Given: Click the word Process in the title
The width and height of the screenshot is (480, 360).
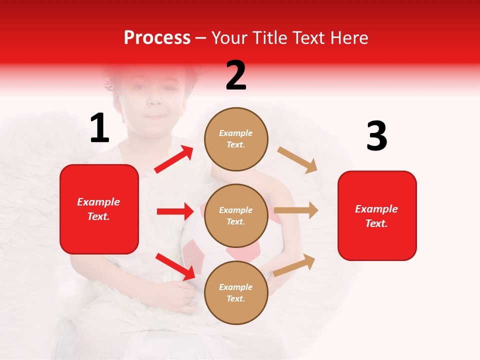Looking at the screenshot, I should tap(157, 38).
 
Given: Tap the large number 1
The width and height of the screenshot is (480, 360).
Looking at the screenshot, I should tap(99, 128).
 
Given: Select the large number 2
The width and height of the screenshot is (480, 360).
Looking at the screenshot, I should tap(236, 75).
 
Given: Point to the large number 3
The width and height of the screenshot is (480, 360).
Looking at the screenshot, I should tap(376, 136).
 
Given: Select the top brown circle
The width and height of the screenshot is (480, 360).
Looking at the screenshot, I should tap(236, 139).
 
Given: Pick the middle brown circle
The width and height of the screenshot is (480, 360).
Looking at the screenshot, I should tap(236, 215).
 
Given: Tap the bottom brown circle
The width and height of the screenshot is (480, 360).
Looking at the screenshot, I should tap(236, 292).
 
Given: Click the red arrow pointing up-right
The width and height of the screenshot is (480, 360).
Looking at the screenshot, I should tap(174, 159).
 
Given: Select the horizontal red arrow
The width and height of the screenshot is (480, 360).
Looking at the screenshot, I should tap(175, 211).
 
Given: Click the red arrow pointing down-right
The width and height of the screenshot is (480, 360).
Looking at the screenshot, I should tap(175, 266).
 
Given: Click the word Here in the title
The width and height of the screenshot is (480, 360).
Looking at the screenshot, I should tap(350, 38).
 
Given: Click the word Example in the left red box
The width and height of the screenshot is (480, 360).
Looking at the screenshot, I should tap(98, 202).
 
